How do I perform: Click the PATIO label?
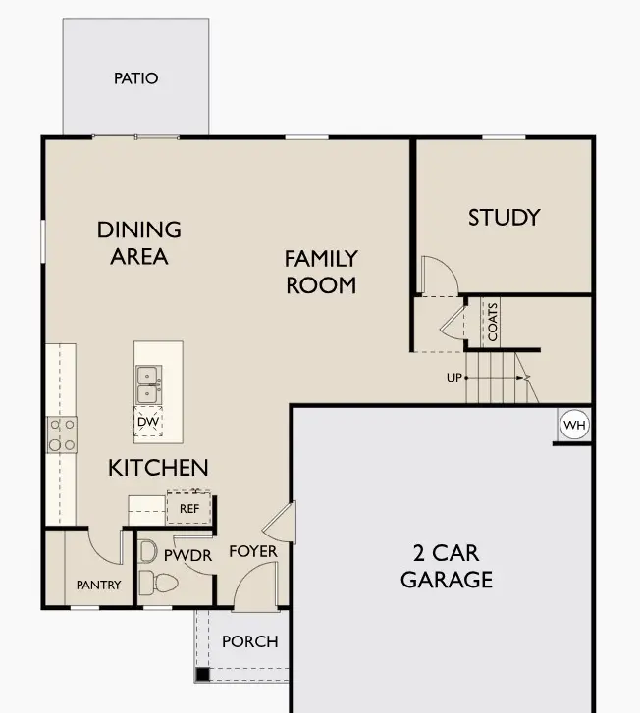135,78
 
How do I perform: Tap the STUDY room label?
504,217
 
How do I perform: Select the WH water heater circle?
573,426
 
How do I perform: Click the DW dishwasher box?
148,422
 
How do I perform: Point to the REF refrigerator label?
188,509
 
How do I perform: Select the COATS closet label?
493,321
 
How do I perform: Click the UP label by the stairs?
453,377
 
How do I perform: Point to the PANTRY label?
98,586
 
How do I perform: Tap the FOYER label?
253,552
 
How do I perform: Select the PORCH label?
250,641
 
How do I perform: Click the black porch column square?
201,674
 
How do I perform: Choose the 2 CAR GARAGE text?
446,565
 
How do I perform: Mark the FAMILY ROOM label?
321,272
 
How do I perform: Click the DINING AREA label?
139,242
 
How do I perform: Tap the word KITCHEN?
158,468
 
